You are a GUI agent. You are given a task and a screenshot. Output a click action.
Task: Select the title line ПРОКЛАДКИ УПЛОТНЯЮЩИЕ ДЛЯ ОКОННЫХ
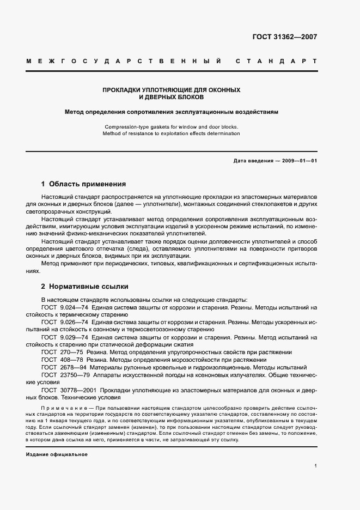click(172, 89)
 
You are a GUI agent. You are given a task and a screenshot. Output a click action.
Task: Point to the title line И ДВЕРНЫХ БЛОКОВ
click(172, 97)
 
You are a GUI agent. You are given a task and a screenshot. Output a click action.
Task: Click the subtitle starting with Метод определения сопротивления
click(172, 112)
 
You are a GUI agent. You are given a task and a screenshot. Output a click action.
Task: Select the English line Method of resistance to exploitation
click(172, 133)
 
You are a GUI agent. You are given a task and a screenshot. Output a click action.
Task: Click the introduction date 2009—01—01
click(298, 161)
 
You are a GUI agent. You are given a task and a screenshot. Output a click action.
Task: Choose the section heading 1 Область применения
click(83, 184)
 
